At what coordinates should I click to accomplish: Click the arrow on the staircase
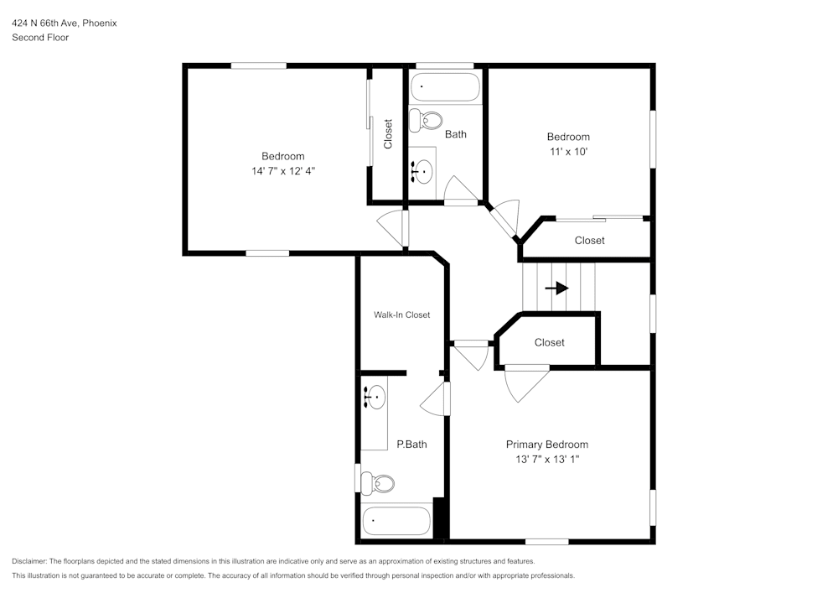pos(556,288)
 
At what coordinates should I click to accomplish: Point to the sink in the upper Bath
pos(422,171)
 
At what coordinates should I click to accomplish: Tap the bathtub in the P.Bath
pos(396,522)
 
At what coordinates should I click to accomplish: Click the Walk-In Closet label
pos(401,315)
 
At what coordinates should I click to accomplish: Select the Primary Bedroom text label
pos(546,445)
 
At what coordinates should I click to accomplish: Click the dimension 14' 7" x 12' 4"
pos(282,171)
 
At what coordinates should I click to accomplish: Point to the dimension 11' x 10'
pos(568,152)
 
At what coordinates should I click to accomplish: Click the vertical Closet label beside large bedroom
pos(388,134)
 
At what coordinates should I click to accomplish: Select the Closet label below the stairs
pos(549,342)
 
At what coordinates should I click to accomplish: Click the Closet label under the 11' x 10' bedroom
pos(589,241)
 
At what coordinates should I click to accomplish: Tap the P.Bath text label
pos(411,445)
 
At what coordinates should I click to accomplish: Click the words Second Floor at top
pos(40,38)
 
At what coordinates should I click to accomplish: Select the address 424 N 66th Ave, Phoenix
pos(64,23)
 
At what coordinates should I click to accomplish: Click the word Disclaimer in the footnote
pos(29,561)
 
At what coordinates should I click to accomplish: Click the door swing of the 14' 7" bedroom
pos(391,226)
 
